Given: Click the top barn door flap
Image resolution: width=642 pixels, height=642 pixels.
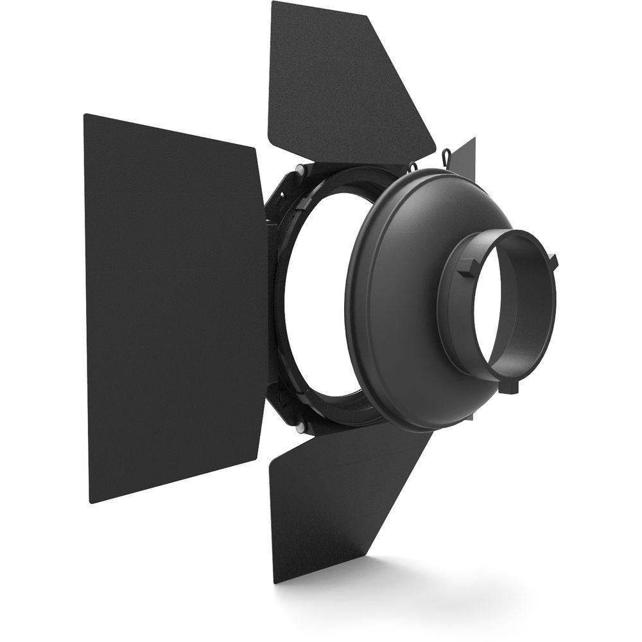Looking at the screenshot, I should coord(340,83).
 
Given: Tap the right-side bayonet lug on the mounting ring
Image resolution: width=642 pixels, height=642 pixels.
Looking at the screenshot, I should coord(553,260).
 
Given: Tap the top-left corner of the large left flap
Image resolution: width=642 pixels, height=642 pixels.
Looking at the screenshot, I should coord(86,116).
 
